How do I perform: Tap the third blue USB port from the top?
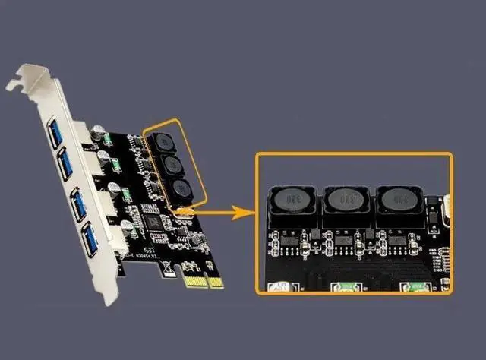79,202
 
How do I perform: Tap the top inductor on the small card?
162,142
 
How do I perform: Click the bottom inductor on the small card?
181,189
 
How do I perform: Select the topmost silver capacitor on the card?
99,131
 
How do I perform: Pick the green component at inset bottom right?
415,286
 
